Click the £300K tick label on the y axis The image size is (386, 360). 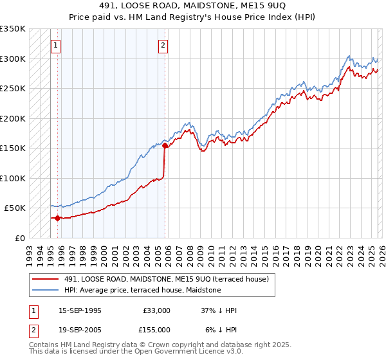(13, 59)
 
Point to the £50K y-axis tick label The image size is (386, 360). (15, 208)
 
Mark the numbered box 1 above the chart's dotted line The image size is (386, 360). (57, 45)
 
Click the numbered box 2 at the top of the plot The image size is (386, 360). (163, 45)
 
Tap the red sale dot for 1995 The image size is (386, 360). (57, 218)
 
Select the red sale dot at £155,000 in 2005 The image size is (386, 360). (165, 145)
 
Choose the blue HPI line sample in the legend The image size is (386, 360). (46, 290)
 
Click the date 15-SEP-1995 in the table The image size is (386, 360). (80, 310)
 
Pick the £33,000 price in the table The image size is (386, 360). (156, 310)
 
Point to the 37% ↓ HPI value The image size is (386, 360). (219, 310)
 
